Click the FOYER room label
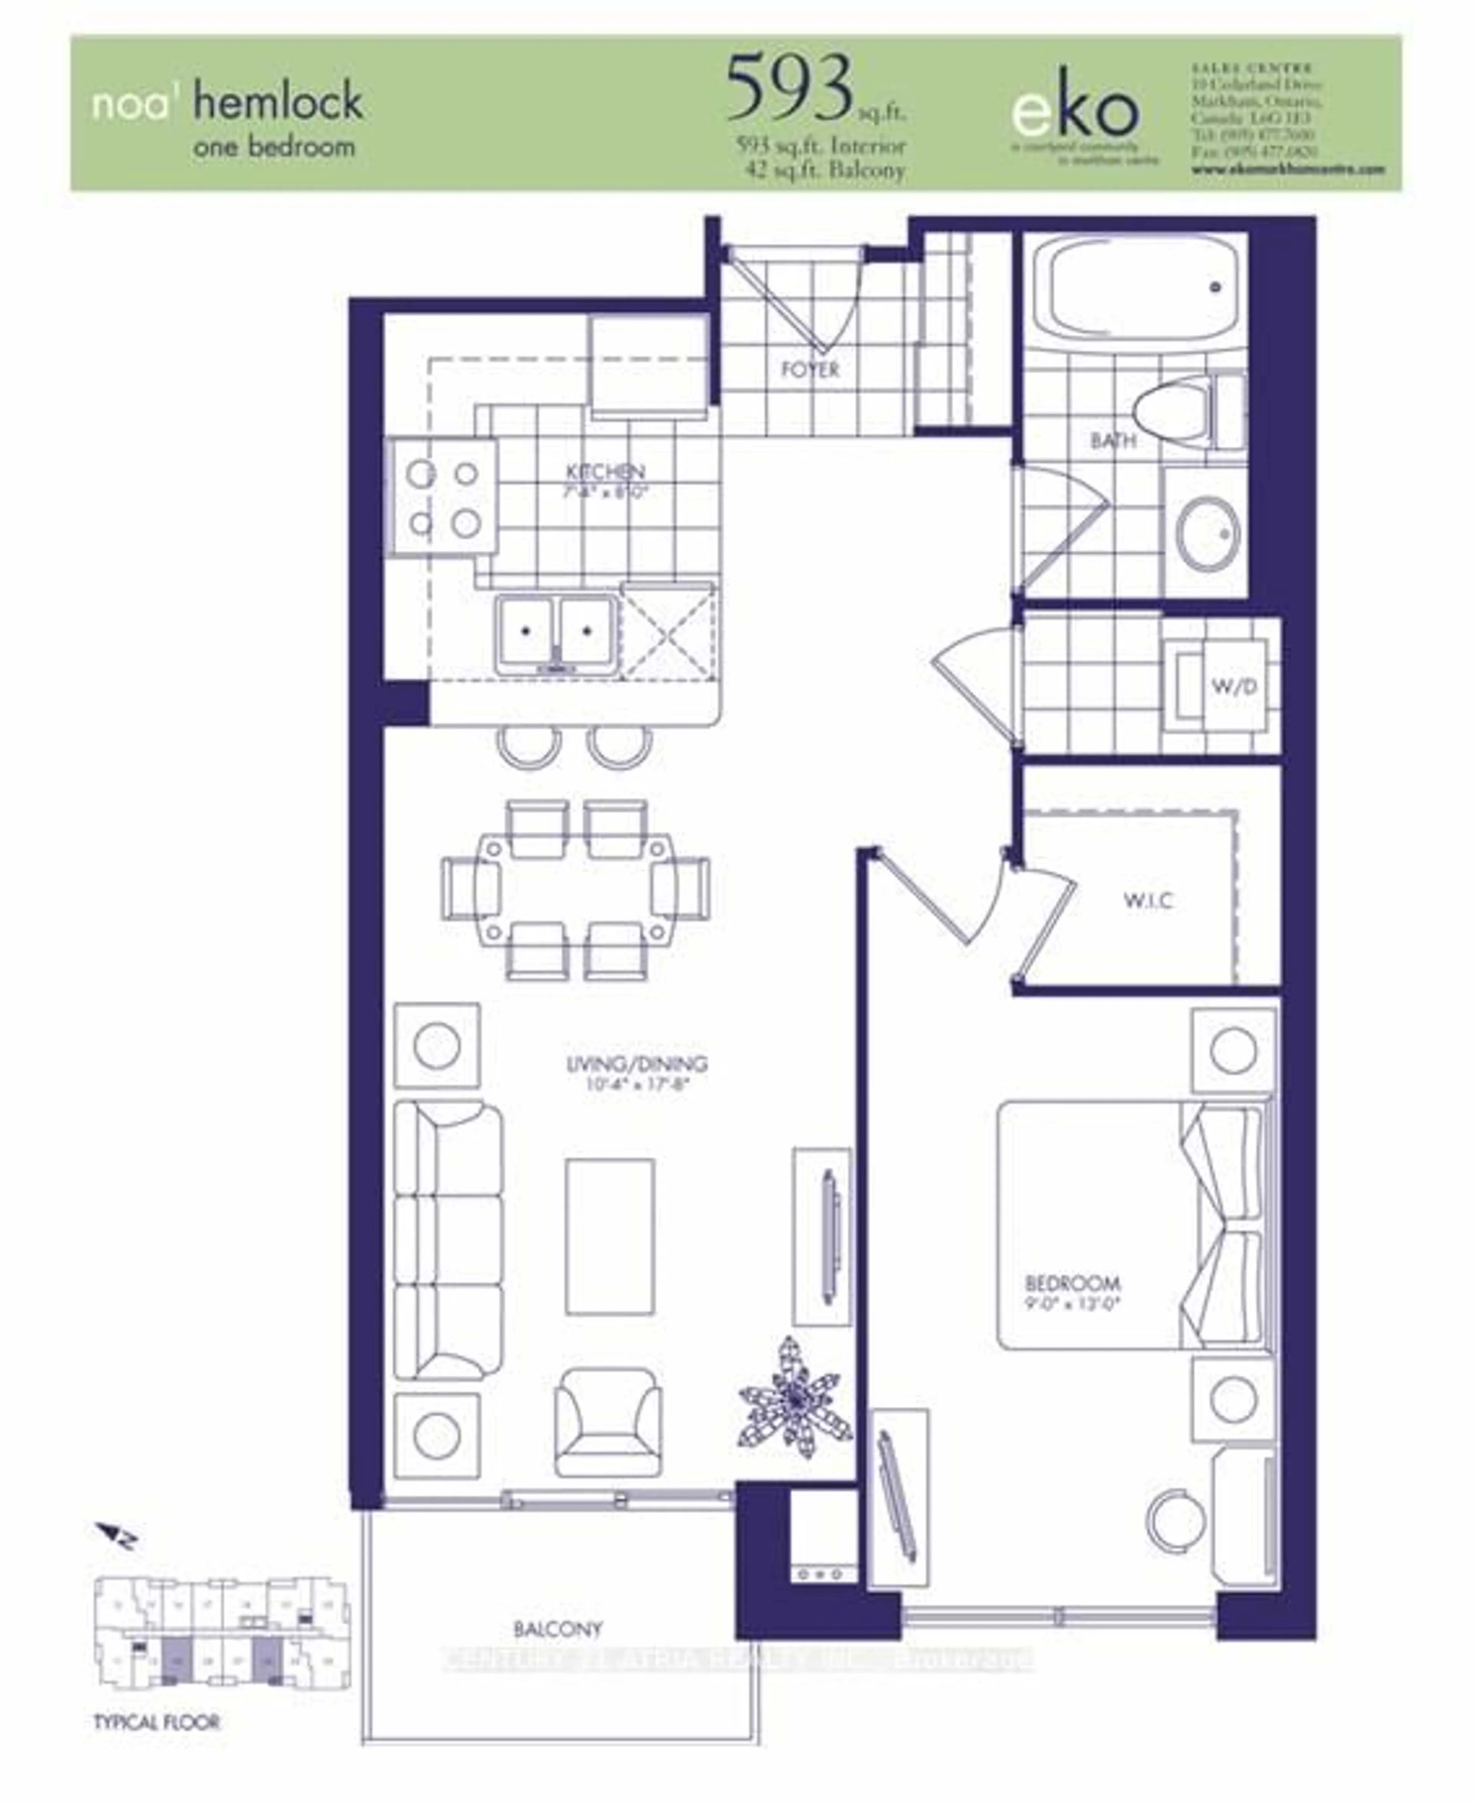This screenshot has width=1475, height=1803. (x=810, y=370)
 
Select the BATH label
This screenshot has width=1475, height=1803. (x=1113, y=440)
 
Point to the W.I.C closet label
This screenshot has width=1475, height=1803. (x=1149, y=900)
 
